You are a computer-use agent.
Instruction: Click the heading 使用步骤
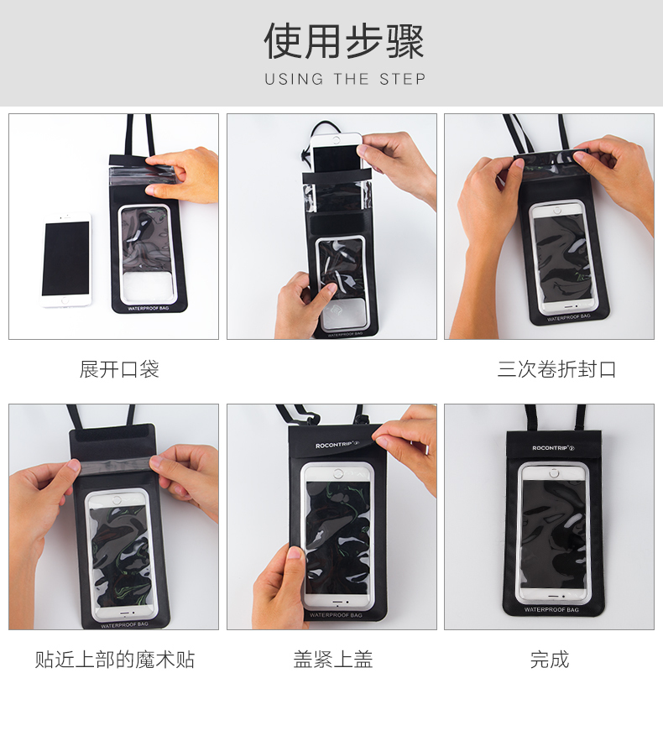[x=344, y=41]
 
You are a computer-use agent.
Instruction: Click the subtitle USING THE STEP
[x=345, y=80]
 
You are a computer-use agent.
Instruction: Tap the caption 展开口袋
[x=119, y=369]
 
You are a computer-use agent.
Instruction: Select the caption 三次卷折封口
[x=556, y=369]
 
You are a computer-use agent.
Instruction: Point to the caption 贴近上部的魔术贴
[x=115, y=660]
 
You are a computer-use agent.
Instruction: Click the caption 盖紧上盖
[x=332, y=660]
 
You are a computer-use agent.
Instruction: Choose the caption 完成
[x=550, y=660]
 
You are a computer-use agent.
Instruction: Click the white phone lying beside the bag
[x=66, y=261]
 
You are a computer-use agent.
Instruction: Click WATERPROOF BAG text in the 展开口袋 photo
[x=150, y=309]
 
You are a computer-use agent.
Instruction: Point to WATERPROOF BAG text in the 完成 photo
[x=551, y=609]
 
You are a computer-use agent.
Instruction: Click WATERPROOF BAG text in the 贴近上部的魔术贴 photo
[x=125, y=625]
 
